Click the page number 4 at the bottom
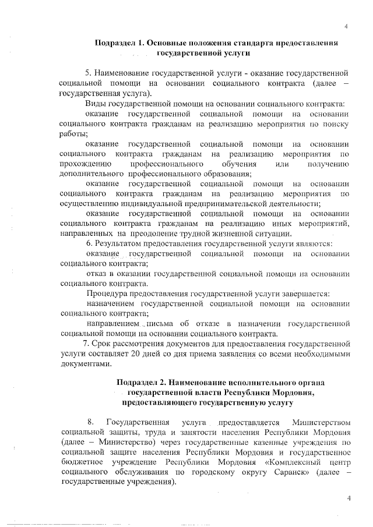tap(349, 498)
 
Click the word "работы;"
tap(73, 134)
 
